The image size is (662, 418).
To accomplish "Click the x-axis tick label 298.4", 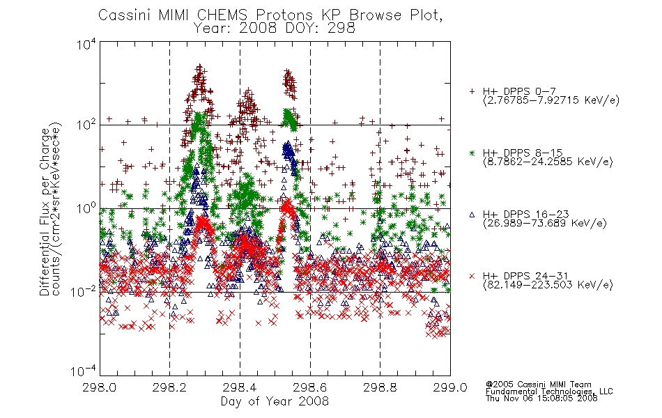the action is click(240, 387).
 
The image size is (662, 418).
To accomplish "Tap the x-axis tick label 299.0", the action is click(450, 387).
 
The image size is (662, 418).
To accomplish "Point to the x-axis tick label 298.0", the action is click(100, 387).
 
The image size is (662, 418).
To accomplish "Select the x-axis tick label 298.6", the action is click(310, 387).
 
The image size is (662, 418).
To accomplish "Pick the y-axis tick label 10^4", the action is click(86, 44).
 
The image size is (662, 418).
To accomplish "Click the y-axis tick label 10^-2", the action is click(84, 291).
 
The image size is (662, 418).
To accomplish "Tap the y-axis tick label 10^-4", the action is click(84, 371).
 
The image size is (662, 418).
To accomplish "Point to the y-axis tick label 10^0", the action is click(86, 208).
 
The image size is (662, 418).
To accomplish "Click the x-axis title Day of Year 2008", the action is click(275, 401).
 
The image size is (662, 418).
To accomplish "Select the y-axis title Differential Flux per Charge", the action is click(45, 211).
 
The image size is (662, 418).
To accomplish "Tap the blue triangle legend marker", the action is click(472, 215).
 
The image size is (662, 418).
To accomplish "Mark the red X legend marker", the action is click(472, 276).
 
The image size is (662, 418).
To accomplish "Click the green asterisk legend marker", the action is click(472, 153).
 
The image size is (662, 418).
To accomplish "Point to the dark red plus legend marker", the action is click(472, 91).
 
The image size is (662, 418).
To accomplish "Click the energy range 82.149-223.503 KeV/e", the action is click(548, 285).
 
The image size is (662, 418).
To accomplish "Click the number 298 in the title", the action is click(341, 28).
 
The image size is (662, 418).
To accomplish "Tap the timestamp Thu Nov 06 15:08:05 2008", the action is click(541, 398).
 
